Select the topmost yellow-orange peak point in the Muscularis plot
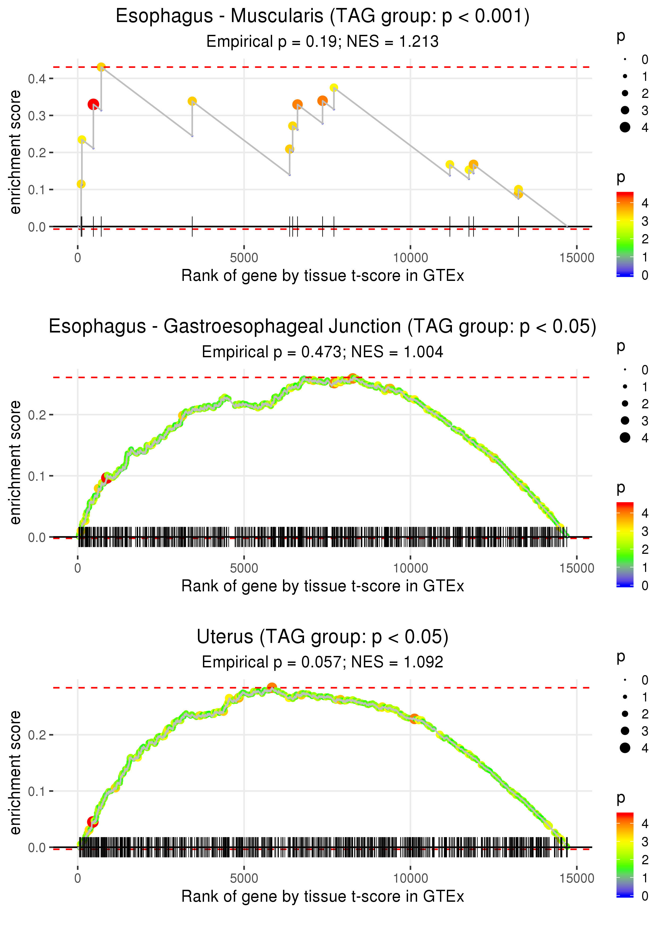101,67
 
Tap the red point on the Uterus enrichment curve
93,822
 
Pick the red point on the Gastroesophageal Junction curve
106,478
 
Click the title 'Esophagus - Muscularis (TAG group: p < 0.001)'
323,16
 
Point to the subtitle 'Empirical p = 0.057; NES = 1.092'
323,662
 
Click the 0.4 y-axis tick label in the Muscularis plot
37,79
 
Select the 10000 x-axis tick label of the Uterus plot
410,878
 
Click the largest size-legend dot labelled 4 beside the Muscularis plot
625,127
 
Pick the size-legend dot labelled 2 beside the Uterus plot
625,714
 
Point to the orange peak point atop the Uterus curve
272,687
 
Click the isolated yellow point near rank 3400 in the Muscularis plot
192,101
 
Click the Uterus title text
323,637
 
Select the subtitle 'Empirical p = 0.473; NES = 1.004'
323,352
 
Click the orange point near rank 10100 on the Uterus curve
414,718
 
